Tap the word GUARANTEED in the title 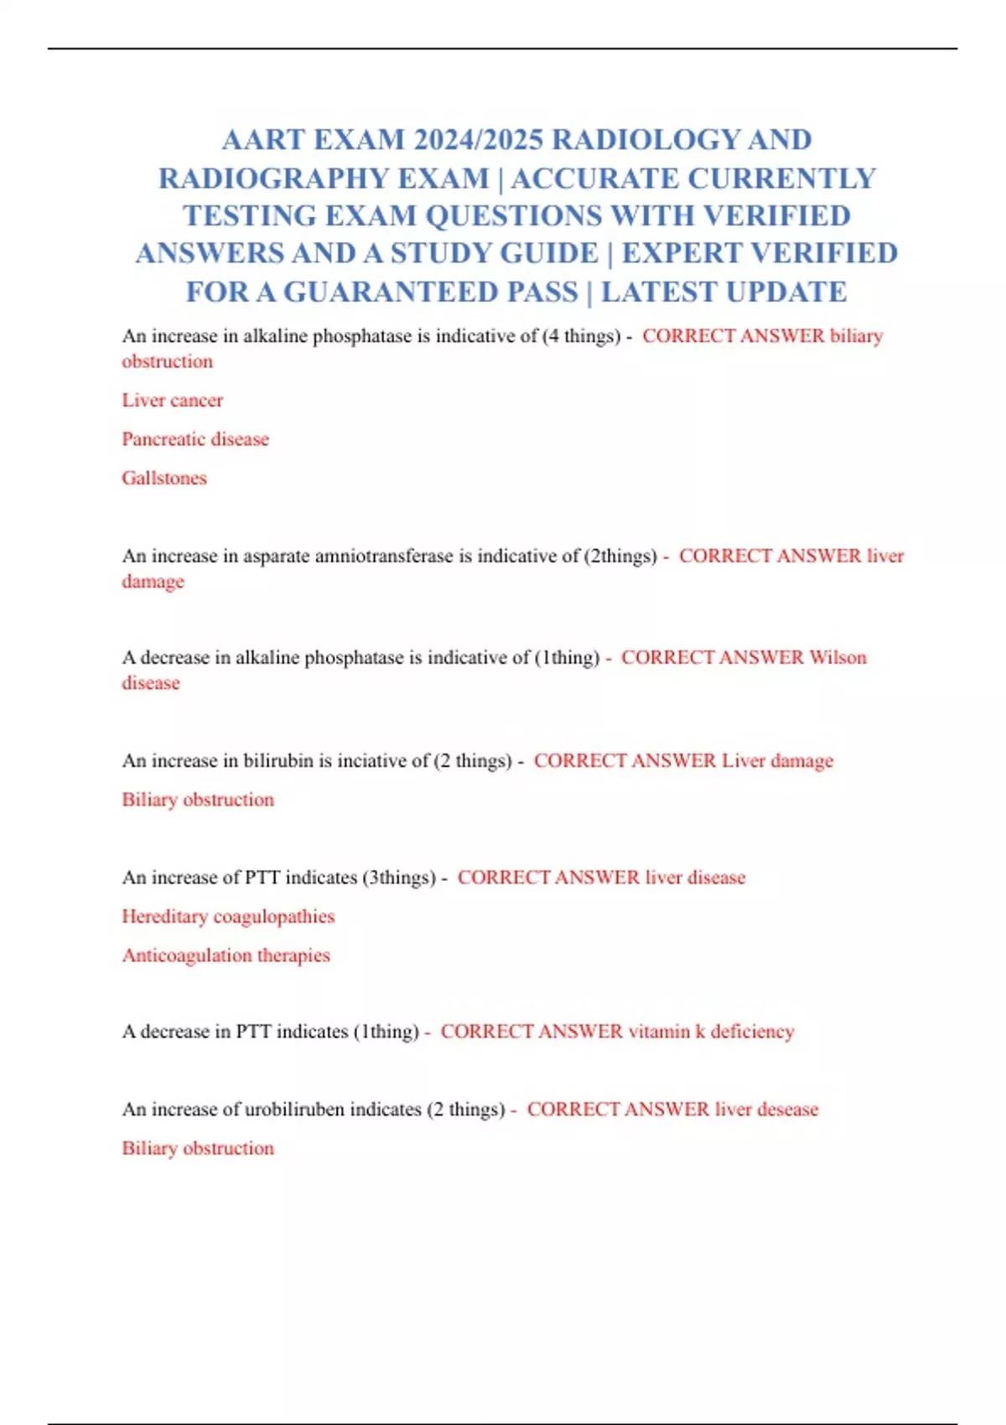[431, 292]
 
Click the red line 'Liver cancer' [173, 401]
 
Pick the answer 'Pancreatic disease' [195, 439]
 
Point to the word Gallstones [164, 478]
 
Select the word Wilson [837, 657]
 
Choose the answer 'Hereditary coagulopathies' [228, 916]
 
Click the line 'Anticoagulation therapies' [226, 956]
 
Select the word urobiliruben [294, 1110]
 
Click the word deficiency [752, 1032]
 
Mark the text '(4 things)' [581, 336]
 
